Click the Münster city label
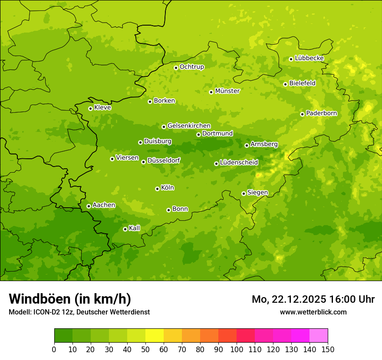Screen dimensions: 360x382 (227, 91)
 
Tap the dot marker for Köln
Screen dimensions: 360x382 (157, 189)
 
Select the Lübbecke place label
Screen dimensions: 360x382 (309, 58)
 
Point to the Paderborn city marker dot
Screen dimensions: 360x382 (302, 114)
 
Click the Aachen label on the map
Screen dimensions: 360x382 (104, 205)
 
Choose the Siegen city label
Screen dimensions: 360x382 (257, 193)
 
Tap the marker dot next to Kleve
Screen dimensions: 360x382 (90, 108)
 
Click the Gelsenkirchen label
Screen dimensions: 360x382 (189, 126)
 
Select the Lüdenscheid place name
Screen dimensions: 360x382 (239, 163)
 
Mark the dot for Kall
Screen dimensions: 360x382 (125, 229)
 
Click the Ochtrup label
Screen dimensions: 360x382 (191, 67)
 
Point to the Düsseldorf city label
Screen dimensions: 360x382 (164, 160)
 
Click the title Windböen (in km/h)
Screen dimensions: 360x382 (70, 299)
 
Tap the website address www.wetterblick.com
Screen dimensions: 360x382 (313, 312)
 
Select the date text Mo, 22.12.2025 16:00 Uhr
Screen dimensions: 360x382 (313, 299)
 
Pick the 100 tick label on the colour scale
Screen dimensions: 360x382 (237, 349)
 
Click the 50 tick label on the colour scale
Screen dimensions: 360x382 (145, 349)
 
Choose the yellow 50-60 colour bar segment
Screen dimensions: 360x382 (155, 336)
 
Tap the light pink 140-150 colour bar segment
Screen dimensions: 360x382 (319, 336)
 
